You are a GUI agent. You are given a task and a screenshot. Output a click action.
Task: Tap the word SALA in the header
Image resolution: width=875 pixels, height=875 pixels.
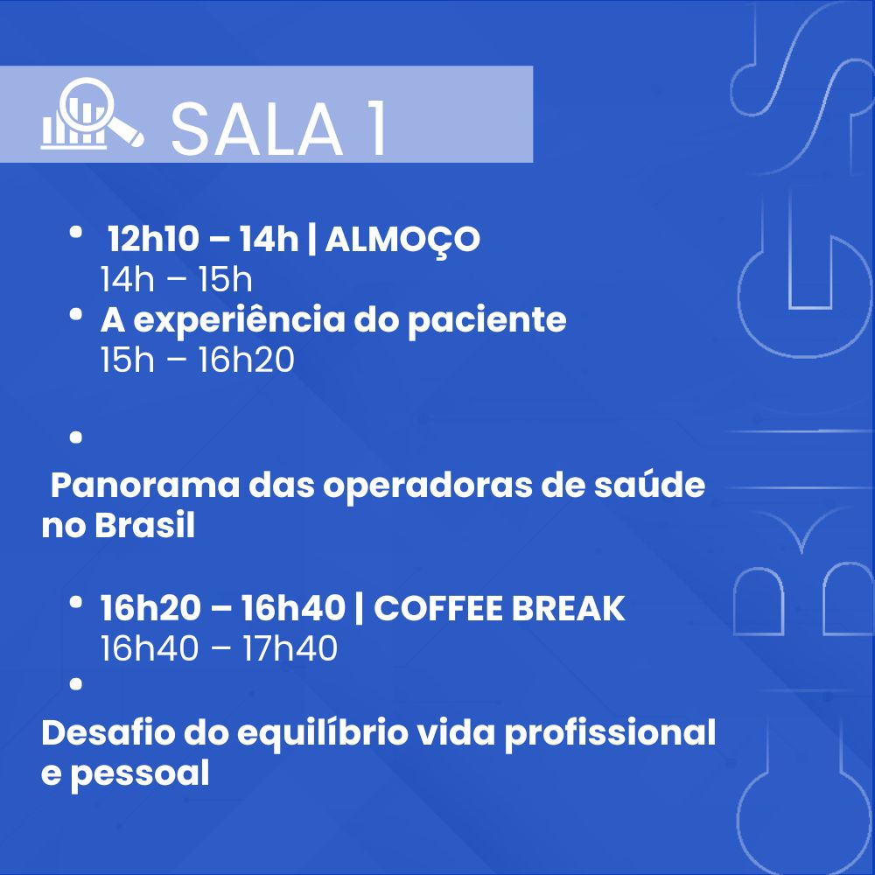coord(256,129)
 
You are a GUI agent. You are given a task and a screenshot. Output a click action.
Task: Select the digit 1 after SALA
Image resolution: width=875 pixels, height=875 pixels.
coord(378,129)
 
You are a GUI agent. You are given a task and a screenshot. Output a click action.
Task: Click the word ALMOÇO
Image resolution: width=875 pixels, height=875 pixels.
coord(402,240)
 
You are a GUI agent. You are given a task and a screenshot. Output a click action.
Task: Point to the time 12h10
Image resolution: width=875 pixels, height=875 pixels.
coord(153,239)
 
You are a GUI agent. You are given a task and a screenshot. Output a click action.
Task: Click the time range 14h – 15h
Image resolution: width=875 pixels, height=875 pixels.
coord(176,279)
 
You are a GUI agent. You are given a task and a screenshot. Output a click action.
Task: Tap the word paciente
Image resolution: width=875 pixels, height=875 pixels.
coord(486,321)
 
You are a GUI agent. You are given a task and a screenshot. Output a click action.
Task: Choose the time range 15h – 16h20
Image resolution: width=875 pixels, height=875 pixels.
coord(197,360)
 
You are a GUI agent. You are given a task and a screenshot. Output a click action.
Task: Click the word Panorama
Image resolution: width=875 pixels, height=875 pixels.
coord(144,485)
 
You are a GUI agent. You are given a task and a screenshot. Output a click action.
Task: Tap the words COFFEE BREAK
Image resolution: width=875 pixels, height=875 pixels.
coord(499,608)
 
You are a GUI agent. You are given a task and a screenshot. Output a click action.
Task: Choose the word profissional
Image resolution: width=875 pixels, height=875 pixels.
coord(610,733)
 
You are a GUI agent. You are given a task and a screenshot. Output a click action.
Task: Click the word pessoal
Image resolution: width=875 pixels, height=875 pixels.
coord(139,774)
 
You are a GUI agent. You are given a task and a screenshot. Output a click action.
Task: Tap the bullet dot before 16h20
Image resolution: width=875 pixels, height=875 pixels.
coord(76,602)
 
